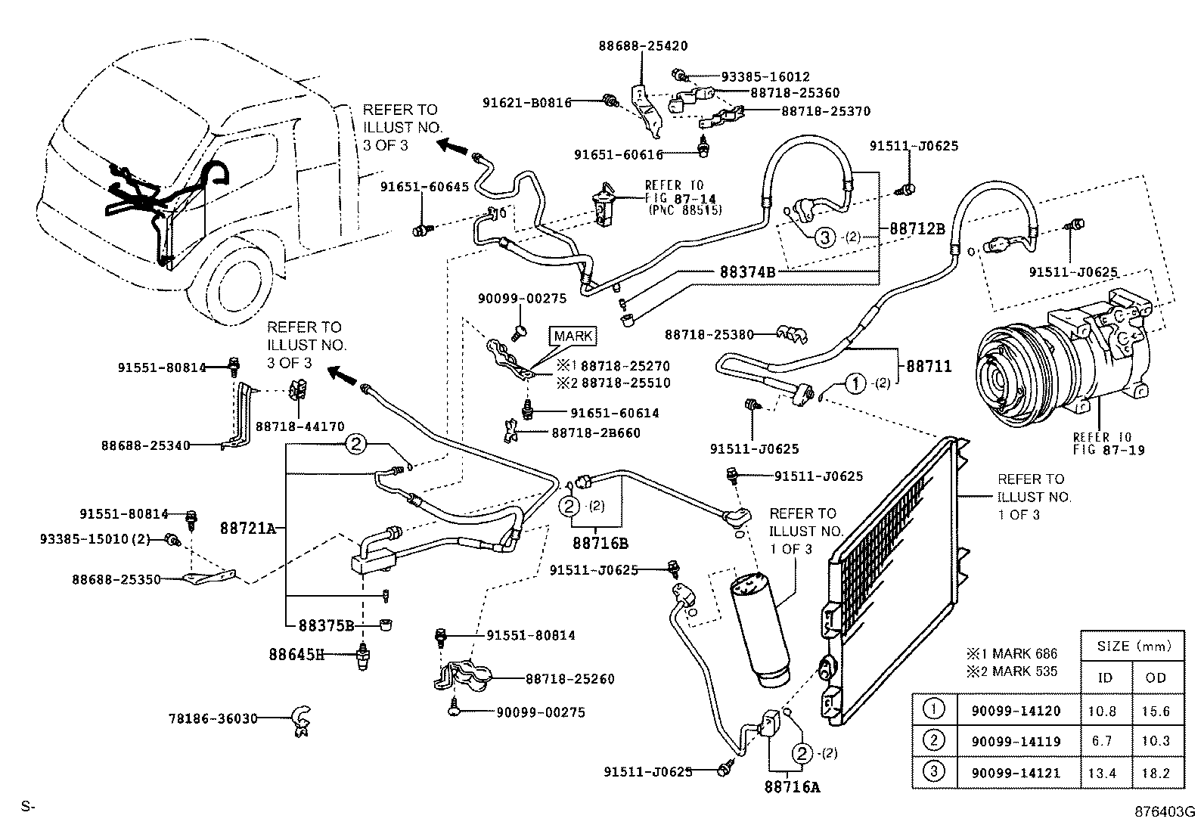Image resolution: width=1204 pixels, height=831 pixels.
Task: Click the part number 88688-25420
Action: point(643,45)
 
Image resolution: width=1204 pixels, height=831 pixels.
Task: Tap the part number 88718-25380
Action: point(709,334)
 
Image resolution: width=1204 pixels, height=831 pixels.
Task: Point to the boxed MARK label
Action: point(574,336)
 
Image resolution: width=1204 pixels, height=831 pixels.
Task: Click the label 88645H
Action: point(296,653)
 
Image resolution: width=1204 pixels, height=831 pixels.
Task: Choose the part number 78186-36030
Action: point(213,718)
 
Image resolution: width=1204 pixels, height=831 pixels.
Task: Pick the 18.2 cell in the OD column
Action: point(1156,773)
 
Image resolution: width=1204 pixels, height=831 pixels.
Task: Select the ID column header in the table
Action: point(1105,678)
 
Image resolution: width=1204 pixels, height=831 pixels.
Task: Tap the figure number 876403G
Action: point(1164,812)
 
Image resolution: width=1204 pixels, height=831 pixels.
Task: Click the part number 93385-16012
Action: point(765,77)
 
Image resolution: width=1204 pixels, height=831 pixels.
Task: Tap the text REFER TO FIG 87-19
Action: point(1109,444)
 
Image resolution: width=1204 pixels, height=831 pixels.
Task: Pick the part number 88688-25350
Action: point(116,580)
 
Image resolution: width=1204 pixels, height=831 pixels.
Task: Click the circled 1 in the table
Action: point(935,709)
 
